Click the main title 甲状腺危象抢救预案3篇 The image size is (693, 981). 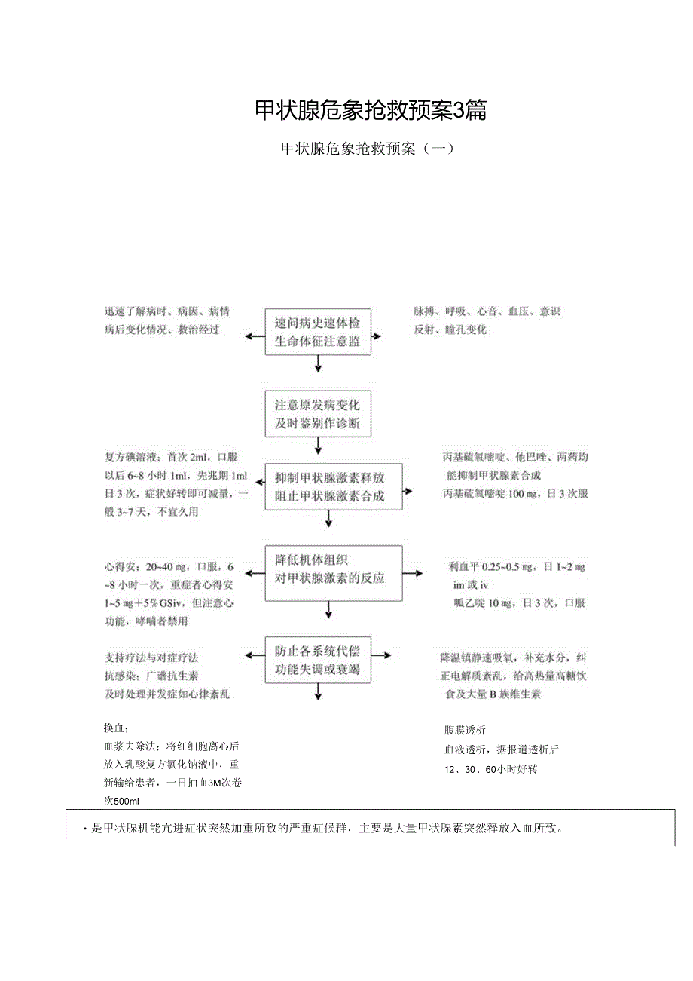371,111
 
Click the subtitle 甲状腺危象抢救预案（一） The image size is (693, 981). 367,149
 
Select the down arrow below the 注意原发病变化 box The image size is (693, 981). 318,447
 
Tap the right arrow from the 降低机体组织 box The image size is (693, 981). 413,574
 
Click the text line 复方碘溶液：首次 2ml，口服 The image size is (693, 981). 171,458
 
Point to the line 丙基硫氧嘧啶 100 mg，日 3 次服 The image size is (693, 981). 515,494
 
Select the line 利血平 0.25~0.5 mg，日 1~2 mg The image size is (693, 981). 516,567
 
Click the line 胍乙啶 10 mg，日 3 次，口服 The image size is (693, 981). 519,602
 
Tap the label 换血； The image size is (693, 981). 117,728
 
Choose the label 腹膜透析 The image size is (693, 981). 465,730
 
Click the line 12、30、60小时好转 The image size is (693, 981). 490,769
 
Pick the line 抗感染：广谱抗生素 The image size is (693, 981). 151,676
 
